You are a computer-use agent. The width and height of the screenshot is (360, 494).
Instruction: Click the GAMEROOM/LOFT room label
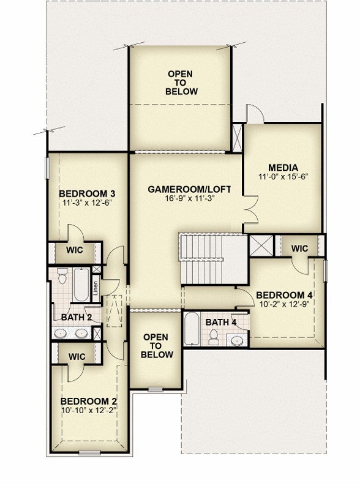[x=189, y=189]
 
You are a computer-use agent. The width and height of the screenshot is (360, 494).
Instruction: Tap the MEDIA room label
[x=283, y=168]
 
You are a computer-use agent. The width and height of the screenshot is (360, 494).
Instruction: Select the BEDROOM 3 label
[x=87, y=193]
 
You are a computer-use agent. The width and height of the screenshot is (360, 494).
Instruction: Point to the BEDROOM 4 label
[x=284, y=295]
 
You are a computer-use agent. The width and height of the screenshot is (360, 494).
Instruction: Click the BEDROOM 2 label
[x=89, y=402]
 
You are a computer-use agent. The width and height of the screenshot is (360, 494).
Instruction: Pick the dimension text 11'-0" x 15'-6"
[x=283, y=177]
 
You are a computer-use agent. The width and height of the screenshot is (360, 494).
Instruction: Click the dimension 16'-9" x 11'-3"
[x=189, y=198]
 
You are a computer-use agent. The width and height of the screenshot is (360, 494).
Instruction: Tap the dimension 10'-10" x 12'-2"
[x=89, y=410]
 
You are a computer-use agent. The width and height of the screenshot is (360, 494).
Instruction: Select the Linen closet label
[x=96, y=288]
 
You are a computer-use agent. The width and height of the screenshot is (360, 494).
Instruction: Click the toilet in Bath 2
[x=62, y=275]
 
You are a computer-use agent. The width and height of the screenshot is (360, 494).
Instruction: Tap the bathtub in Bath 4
[x=192, y=329]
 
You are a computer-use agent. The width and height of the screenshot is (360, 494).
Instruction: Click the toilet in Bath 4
[x=214, y=337]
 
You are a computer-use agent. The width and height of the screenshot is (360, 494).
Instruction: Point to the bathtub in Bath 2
[x=81, y=285]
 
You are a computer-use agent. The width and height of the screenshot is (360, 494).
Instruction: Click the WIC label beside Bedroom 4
[x=299, y=249]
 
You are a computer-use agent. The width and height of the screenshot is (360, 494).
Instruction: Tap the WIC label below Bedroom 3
[x=75, y=250]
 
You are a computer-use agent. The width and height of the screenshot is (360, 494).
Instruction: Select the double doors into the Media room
[x=251, y=210]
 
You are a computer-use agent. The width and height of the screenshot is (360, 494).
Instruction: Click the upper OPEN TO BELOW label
[x=181, y=83]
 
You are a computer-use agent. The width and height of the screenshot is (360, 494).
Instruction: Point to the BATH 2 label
[x=77, y=317]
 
